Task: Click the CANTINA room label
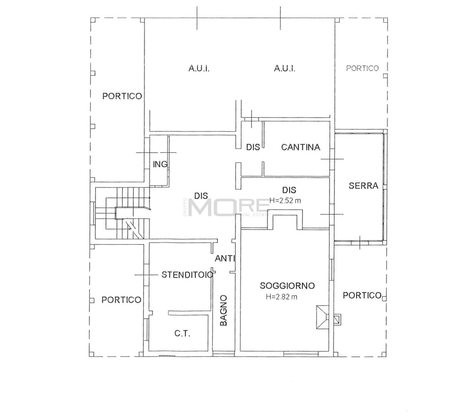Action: point(300,147)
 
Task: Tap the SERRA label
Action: point(363,186)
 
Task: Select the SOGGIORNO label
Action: point(287,286)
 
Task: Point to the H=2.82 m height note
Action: point(282,297)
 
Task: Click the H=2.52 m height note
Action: point(285,201)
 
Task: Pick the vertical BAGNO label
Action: point(223,310)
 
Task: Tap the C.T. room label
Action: point(182,334)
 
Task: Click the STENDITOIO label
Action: point(188,275)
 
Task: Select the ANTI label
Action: point(225,258)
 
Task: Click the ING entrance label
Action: point(160,164)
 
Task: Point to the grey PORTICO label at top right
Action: point(362,68)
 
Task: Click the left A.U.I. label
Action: point(199,68)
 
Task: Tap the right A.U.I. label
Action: point(284,68)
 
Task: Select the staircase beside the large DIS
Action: point(122,213)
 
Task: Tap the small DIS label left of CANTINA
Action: point(253,147)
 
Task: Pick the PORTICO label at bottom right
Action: point(362,296)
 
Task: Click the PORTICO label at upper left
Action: point(122,96)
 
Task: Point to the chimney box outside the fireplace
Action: point(337,320)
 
